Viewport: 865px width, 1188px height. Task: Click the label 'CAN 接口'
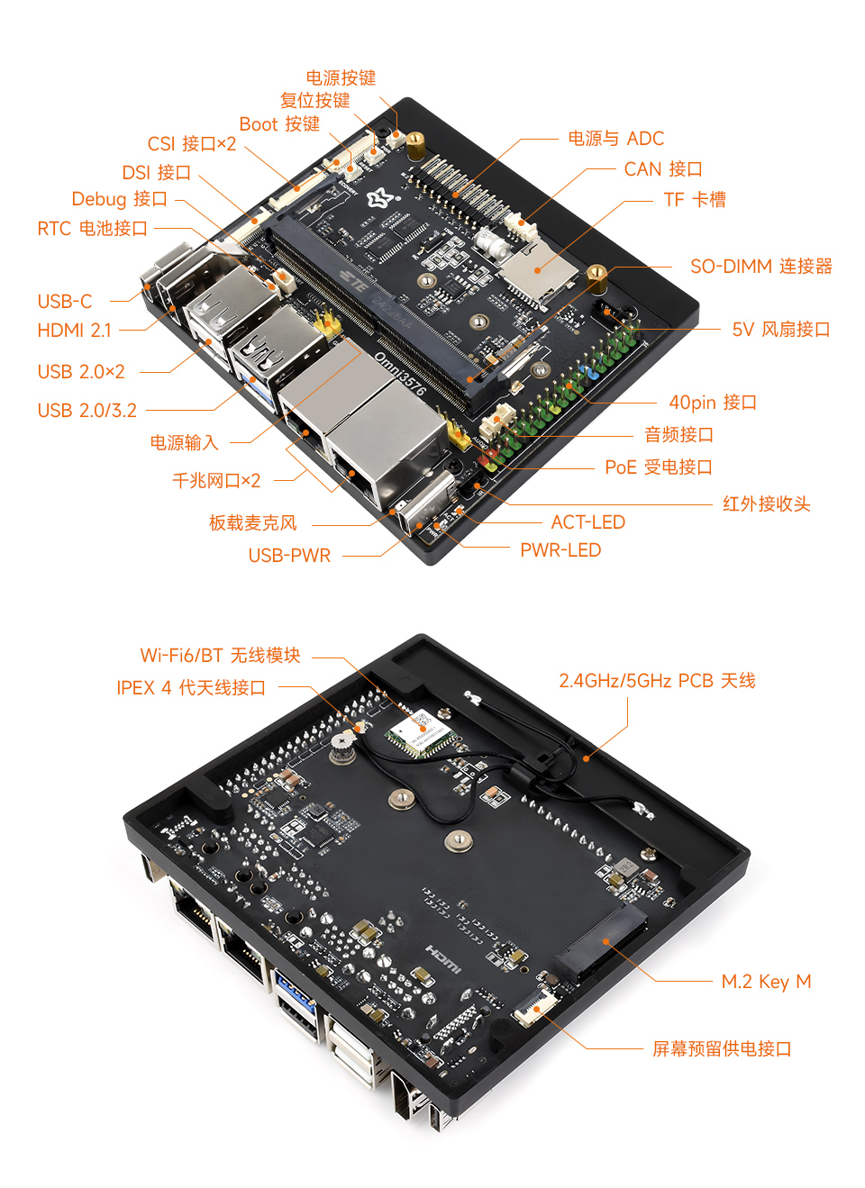click(x=662, y=169)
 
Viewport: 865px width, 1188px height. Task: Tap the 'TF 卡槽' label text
click(x=694, y=200)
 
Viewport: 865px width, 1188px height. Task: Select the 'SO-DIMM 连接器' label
click(x=760, y=267)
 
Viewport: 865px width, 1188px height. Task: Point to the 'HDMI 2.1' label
click(x=74, y=331)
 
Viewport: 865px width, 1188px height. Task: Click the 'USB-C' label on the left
click(x=64, y=302)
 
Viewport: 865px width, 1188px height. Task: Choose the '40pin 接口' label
click(x=712, y=403)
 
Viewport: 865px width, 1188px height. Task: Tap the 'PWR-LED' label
click(x=560, y=550)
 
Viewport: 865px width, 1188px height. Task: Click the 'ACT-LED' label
click(x=587, y=522)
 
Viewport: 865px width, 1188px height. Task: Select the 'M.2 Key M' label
click(x=766, y=982)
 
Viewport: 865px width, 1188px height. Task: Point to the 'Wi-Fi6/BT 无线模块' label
click(x=220, y=656)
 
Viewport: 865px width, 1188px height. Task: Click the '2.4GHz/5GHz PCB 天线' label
click(x=657, y=681)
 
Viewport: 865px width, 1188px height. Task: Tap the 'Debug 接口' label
click(x=119, y=199)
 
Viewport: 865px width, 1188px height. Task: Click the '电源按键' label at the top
click(x=341, y=78)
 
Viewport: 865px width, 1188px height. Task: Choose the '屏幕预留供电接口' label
click(x=722, y=1049)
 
